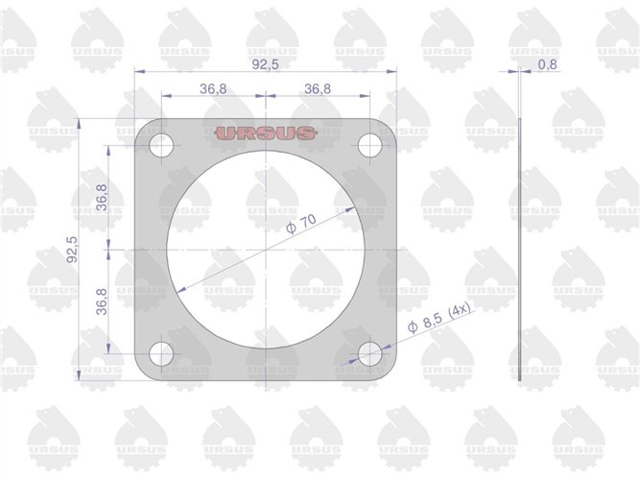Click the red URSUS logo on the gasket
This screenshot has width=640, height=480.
266,133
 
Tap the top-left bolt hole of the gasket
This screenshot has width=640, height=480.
161,147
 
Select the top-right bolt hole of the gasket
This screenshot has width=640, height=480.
370,146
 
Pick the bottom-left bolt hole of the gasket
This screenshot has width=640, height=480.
161,353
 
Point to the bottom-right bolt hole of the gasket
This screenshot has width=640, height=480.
370,353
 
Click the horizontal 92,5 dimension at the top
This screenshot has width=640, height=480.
266,64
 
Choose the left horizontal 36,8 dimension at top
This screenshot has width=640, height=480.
213,88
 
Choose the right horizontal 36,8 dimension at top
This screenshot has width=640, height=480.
318,88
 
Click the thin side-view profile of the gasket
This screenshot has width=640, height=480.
519,250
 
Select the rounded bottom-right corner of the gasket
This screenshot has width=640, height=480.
388,372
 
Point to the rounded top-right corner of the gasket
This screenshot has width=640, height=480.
388,129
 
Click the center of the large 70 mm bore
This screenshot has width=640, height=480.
266,250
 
